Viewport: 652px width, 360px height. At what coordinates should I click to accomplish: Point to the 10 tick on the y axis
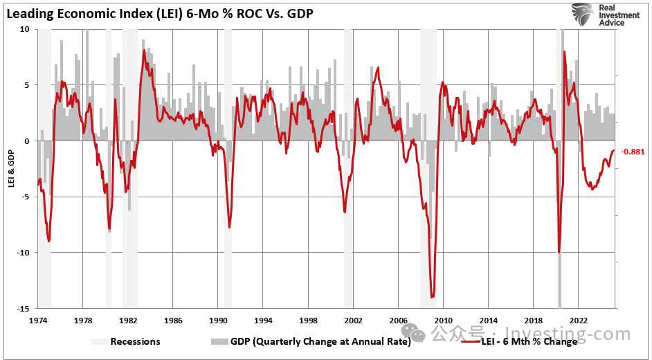(25, 29)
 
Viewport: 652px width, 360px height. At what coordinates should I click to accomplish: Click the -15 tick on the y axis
(24, 307)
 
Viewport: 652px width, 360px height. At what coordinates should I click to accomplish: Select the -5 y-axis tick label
(24, 196)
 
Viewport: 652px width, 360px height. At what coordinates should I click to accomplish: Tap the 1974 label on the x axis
(37, 321)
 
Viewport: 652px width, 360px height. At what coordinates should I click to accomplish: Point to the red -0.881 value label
(633, 152)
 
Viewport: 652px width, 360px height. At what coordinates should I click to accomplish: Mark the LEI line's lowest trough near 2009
(433, 297)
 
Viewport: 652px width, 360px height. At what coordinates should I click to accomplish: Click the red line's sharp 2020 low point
(559, 252)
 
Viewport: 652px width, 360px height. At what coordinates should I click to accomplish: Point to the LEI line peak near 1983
(144, 51)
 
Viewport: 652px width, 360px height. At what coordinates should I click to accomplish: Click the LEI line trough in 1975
(48, 241)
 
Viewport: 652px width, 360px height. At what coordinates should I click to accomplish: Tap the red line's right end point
(614, 151)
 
